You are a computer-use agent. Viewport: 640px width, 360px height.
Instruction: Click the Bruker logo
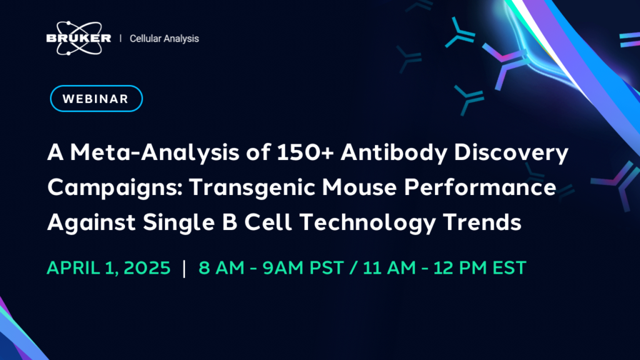pyautogui.click(x=78, y=38)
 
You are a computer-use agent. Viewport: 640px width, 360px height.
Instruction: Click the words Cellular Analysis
pyautogui.click(x=164, y=39)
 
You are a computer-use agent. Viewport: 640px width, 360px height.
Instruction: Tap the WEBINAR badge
pyautogui.click(x=96, y=98)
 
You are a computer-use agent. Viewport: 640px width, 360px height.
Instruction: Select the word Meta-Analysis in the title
pyautogui.click(x=155, y=152)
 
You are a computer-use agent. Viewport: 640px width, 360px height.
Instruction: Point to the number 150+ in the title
pyautogui.click(x=305, y=152)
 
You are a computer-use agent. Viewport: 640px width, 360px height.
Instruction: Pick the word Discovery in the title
pyautogui.click(x=511, y=153)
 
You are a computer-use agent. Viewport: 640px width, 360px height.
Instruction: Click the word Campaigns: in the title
pyautogui.click(x=115, y=188)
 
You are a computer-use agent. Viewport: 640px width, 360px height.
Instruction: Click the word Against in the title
pyautogui.click(x=91, y=223)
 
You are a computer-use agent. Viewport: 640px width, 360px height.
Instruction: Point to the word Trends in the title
pyautogui.click(x=482, y=222)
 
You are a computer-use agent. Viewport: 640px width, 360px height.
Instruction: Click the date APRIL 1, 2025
pyautogui.click(x=109, y=267)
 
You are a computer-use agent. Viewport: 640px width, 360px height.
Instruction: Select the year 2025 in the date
pyautogui.click(x=147, y=267)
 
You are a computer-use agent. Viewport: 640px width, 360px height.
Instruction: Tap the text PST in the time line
pyautogui.click(x=326, y=267)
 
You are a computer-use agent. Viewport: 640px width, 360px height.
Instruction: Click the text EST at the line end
pyautogui.click(x=509, y=267)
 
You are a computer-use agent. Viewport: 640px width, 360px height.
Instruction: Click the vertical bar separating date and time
pyautogui.click(x=184, y=268)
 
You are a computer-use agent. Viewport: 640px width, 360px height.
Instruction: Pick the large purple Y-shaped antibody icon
pyautogui.click(x=504, y=63)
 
